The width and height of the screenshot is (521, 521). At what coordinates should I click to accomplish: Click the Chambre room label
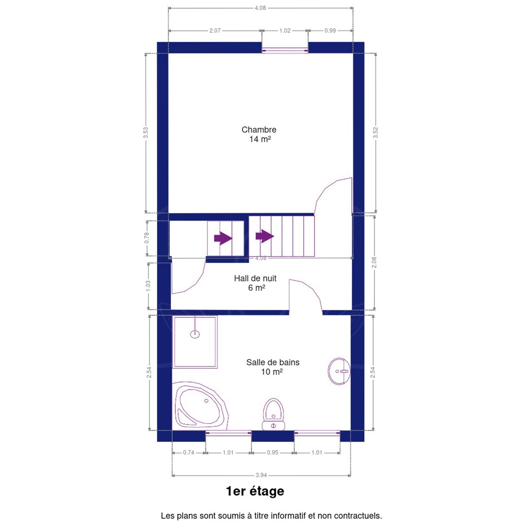point(259,130)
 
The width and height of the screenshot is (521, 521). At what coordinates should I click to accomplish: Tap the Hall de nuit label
point(255,278)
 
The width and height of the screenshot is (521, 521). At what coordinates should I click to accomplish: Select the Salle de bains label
point(273,362)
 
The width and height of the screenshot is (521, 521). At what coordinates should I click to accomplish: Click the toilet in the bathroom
point(274,414)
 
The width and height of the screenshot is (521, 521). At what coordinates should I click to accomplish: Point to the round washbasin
point(339,371)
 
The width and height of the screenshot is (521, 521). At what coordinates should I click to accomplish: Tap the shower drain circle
point(195,334)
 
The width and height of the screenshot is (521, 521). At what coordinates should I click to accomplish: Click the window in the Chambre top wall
point(285,50)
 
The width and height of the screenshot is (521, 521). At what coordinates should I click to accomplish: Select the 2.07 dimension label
point(215,30)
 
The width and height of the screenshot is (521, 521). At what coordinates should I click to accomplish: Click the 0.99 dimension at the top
point(330,30)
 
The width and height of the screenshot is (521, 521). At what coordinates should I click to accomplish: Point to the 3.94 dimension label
point(261,475)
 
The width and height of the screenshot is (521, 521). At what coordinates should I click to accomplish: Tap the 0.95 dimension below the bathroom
point(273,452)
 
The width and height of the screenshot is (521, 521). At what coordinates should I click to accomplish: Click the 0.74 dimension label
point(188,452)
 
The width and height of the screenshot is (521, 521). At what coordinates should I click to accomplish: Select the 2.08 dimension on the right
point(374,263)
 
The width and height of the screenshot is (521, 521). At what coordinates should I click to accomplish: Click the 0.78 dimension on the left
point(147,238)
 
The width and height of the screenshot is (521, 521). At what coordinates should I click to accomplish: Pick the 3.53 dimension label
point(146,133)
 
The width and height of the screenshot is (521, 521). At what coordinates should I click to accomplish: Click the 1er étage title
point(255,491)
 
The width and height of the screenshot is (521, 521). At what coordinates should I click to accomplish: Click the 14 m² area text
point(260,139)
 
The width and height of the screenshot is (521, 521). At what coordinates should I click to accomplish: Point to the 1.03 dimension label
point(148,286)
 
